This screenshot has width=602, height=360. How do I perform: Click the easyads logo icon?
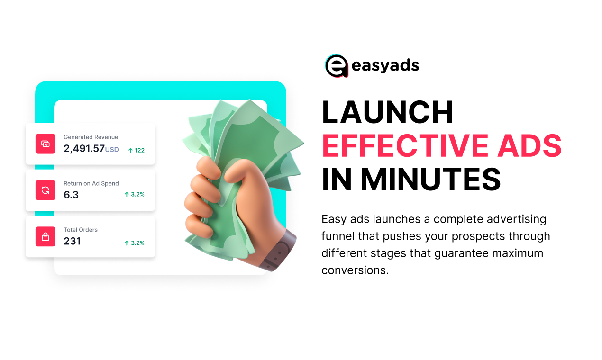(337, 65)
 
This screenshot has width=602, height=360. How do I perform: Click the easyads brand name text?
(385, 66)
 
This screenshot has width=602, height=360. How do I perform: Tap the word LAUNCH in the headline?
(387, 113)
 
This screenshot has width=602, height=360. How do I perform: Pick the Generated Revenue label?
(91, 137)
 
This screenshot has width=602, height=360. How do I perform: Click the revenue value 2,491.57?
(84, 148)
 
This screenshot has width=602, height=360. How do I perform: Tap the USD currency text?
(112, 150)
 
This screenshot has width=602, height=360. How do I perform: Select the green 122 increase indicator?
(137, 150)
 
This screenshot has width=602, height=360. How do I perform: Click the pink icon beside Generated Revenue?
(46, 144)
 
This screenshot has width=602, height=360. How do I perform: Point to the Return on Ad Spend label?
(91, 184)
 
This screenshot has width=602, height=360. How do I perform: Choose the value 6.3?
(71, 195)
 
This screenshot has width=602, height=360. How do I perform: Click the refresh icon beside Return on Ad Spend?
(46, 190)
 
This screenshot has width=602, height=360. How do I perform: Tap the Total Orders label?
(81, 230)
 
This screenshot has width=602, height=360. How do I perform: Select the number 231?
(72, 241)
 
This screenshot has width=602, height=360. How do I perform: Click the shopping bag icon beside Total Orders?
(46, 236)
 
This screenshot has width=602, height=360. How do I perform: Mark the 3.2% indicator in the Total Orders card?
(134, 243)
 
